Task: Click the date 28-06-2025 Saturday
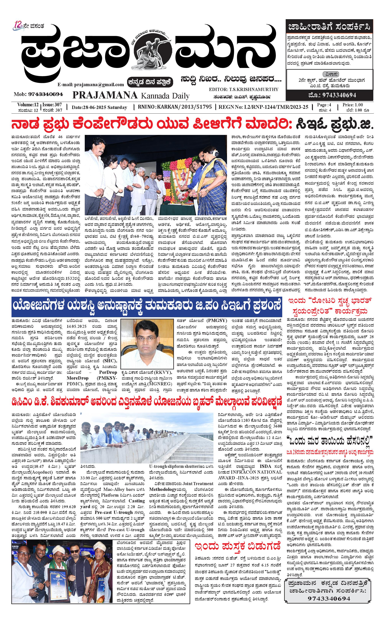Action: click(x=99, y=107)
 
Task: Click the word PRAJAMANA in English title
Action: click(x=105, y=95)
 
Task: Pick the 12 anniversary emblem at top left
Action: click(x=19, y=26)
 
